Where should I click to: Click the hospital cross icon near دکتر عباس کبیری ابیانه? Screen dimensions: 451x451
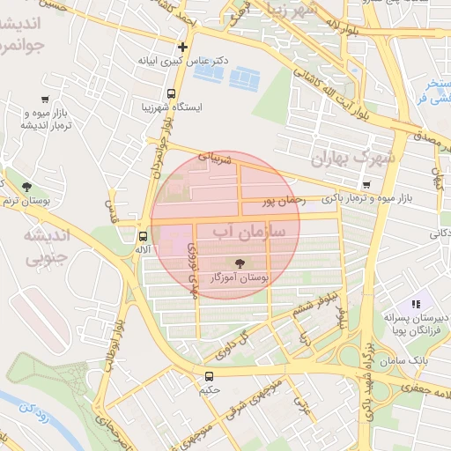(182, 47)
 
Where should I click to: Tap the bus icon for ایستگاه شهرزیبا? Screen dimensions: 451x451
(171, 92)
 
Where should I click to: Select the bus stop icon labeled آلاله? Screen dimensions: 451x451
(143, 236)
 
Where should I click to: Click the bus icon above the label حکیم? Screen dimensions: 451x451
(209, 375)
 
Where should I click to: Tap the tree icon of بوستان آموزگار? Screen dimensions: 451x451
(239, 262)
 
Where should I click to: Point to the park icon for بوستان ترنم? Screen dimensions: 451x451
(26, 186)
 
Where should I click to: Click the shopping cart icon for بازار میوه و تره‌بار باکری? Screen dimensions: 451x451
(366, 186)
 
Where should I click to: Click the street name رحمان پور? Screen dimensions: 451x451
(284, 201)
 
